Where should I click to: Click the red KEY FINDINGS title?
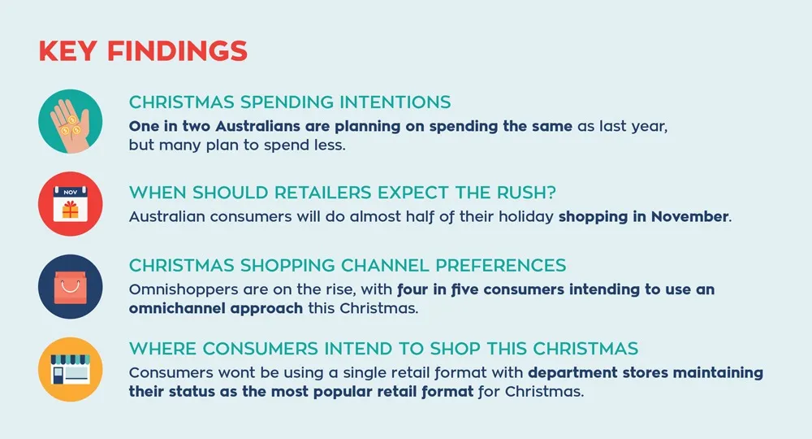tap(143, 50)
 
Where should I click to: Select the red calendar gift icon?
tap(70, 203)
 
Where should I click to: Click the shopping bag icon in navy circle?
tap(70, 285)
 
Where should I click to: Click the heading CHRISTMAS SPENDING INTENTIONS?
tap(290, 103)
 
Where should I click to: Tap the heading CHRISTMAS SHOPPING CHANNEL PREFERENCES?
tap(348, 266)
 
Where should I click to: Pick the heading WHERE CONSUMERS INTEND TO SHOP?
tap(383, 349)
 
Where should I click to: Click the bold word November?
tap(689, 218)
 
